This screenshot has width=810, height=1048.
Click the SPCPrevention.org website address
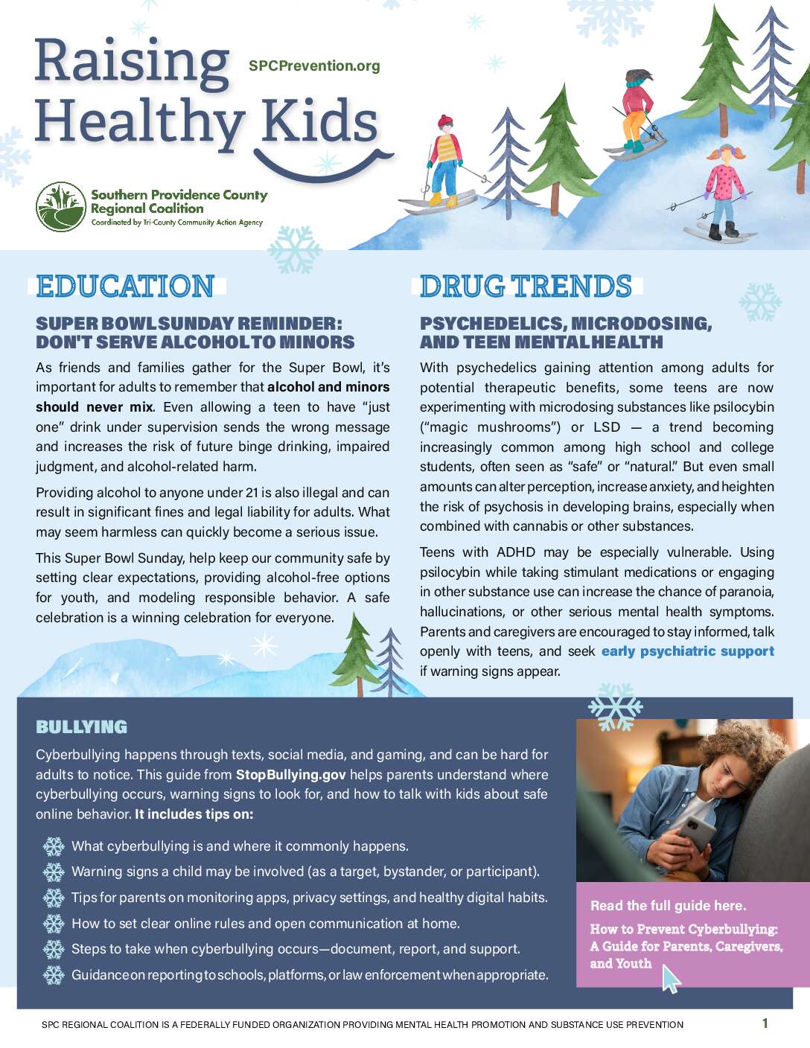(314, 65)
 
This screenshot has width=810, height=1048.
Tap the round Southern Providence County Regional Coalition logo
(61, 207)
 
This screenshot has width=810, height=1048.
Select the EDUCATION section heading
(125, 287)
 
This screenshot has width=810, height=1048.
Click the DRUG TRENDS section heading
(526, 287)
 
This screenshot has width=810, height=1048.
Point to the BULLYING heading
(81, 726)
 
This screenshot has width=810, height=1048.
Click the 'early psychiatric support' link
(687, 651)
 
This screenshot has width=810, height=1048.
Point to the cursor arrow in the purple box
(670, 978)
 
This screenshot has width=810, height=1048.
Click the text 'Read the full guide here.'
(668, 906)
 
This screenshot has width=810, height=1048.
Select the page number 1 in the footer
(765, 1023)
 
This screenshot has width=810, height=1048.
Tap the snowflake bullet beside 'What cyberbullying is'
(54, 846)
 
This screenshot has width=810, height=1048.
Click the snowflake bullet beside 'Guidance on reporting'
(54, 975)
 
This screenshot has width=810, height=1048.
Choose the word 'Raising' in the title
(132, 61)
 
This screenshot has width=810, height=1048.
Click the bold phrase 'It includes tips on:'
(194, 814)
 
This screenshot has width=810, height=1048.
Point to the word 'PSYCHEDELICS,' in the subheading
(492, 324)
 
